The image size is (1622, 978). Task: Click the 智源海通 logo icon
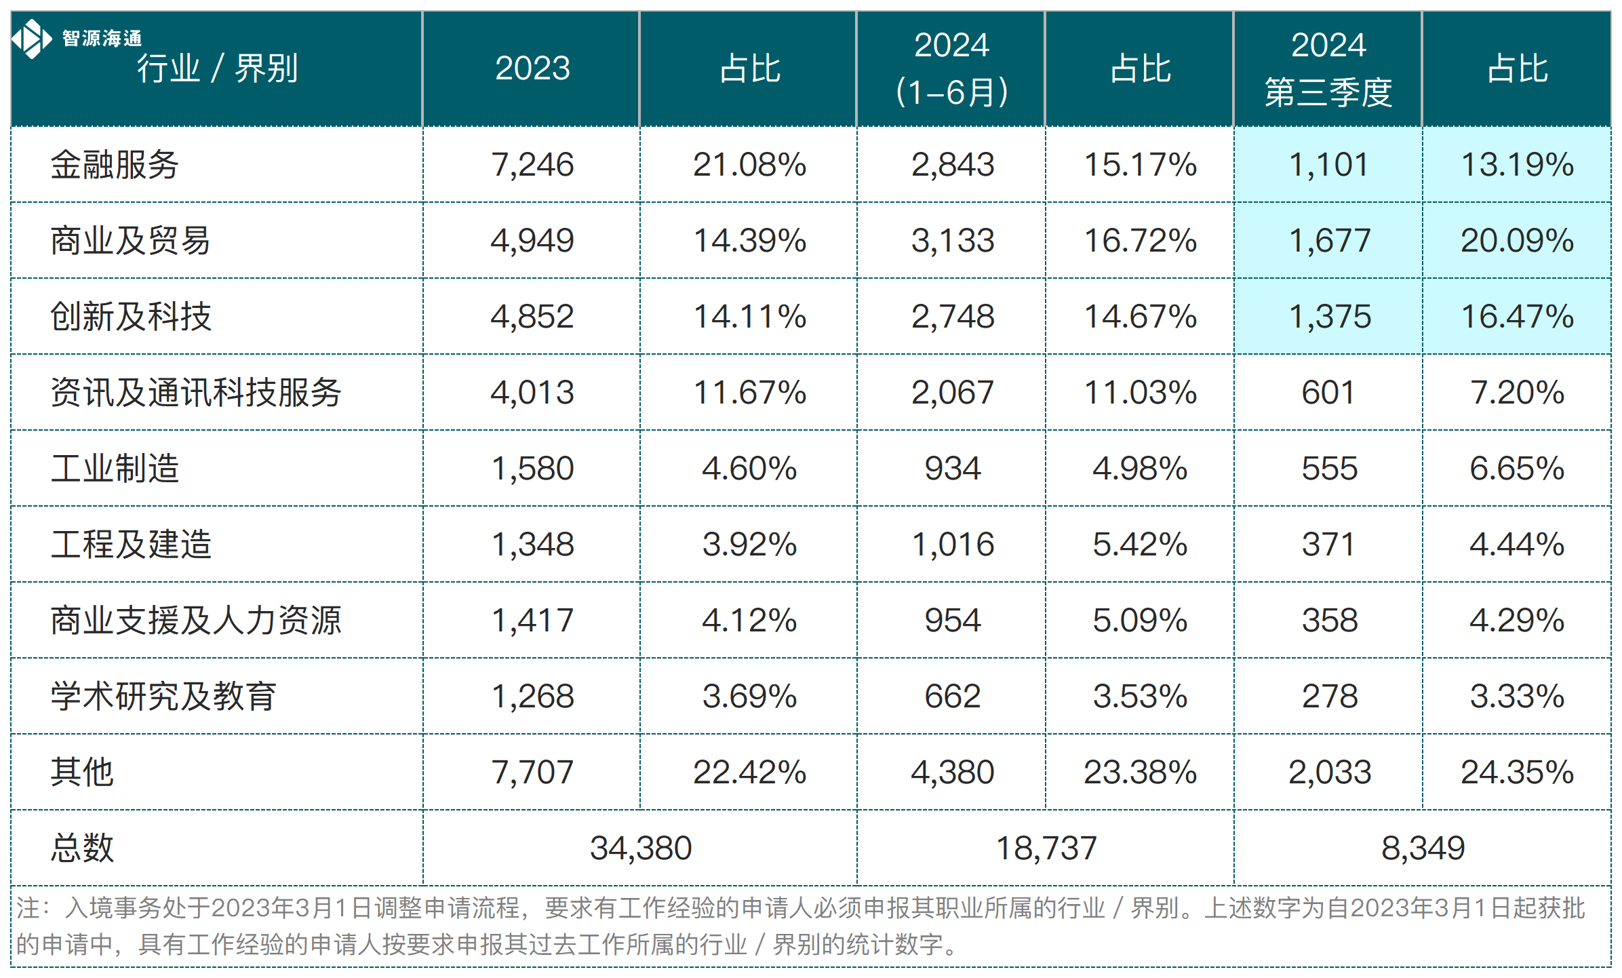coord(31,39)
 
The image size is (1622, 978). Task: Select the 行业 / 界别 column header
coord(217,69)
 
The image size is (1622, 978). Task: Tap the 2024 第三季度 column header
coord(1328,69)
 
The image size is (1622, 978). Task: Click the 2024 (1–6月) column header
coord(951,69)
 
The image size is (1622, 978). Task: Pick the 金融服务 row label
coord(114,165)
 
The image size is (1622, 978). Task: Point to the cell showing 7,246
coord(532,165)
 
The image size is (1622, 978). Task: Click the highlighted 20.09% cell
coord(1516,241)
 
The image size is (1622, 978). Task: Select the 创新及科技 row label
coord(131,317)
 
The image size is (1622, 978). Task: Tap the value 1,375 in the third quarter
coord(1328,317)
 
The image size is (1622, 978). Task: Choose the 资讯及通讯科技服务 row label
coord(195,393)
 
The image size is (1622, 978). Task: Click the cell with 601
coord(1328,393)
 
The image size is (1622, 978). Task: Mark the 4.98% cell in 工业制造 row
coord(1139,469)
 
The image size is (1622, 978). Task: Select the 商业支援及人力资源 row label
coord(195,621)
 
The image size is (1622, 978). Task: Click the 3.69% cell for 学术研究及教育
coord(749,697)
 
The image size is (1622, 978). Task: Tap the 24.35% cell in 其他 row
coord(1516,772)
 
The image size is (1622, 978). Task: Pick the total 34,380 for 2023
coord(640,848)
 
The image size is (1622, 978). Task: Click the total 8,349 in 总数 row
coord(1423,848)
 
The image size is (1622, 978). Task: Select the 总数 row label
coord(82,848)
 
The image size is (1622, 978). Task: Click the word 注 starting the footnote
coord(27,908)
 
